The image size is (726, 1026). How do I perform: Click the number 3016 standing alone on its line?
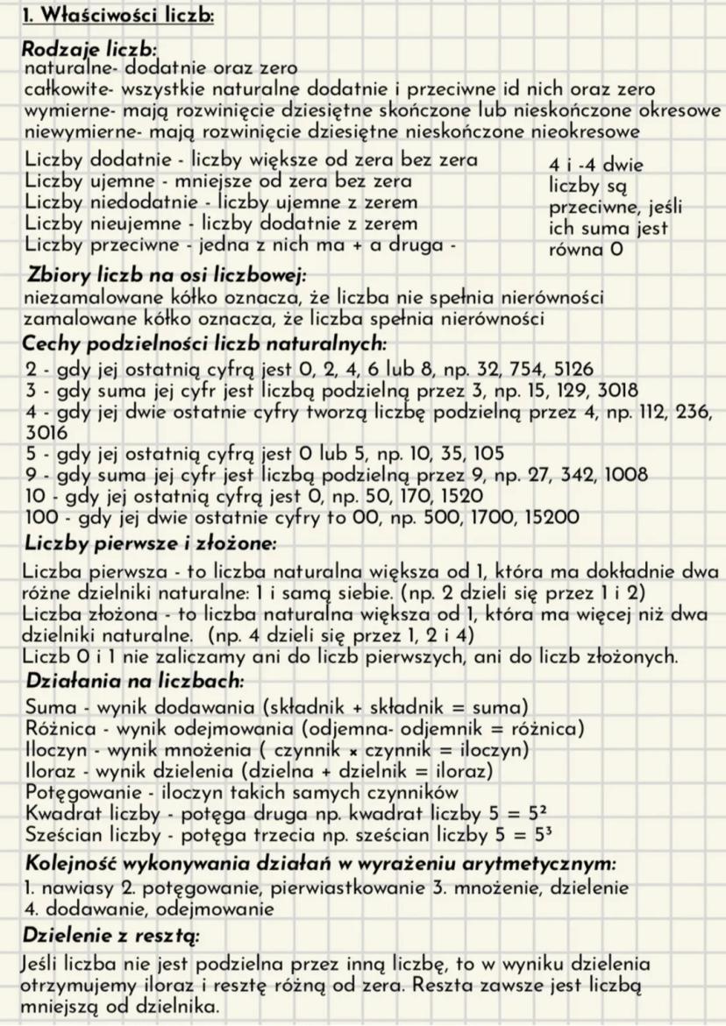coord(40,431)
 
